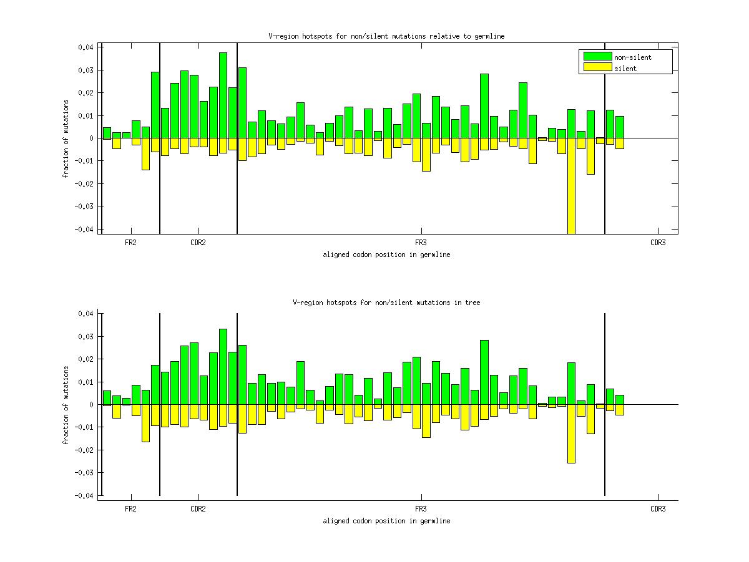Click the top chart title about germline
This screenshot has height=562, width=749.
386,36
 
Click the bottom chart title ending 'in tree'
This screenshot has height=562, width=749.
386,303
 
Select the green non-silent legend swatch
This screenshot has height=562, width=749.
597,57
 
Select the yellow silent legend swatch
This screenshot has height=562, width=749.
597,67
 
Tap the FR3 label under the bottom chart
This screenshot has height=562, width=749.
421,509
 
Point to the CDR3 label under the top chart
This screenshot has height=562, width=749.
658,243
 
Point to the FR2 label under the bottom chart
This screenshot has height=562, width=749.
130,509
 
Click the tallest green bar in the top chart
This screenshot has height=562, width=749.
223,95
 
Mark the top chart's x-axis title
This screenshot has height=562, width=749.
386,254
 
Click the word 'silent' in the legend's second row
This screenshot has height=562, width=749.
625,69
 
